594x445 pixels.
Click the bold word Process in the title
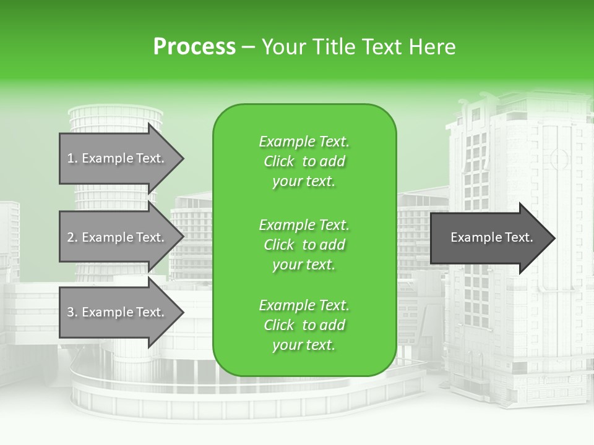pos(194,46)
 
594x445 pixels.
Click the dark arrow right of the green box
pos(489,237)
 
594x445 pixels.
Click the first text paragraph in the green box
pos(304,161)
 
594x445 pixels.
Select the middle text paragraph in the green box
pos(304,245)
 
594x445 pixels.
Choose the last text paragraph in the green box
pos(304,325)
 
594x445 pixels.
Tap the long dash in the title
pos(248,48)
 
